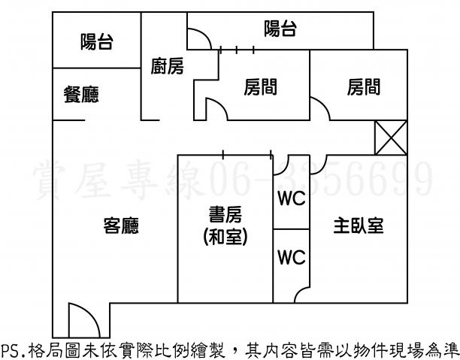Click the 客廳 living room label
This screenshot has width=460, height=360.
pos(120,225)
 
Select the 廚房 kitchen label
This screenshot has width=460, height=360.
pos(168,67)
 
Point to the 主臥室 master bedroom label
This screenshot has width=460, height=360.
pos(359,225)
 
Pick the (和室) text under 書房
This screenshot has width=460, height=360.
pos(225,237)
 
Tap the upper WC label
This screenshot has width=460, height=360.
pos(292,200)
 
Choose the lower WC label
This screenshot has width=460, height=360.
pos(292,257)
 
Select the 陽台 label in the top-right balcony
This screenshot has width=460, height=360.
pos(280,29)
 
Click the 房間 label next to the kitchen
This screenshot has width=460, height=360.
pos(260,88)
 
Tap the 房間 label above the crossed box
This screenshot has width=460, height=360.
pos(363,88)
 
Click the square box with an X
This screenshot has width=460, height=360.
pos(390,138)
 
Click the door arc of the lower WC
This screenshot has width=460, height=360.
pos(301,294)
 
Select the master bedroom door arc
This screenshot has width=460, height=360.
pos(316,164)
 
